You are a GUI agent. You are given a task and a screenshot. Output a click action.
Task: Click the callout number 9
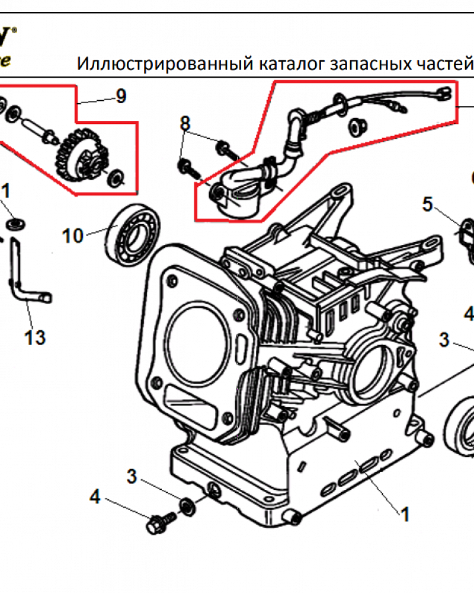(121, 96)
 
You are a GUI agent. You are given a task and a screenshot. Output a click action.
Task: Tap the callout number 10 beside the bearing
(73, 235)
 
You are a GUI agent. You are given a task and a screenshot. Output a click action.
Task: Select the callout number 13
(35, 338)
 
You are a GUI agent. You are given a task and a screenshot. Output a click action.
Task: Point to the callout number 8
(185, 124)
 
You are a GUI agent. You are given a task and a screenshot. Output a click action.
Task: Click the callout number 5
(428, 205)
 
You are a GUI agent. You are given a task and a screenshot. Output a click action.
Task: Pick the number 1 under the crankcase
(405, 514)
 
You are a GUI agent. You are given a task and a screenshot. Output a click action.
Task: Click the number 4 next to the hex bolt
(95, 497)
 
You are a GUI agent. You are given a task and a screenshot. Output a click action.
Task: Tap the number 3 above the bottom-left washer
(132, 476)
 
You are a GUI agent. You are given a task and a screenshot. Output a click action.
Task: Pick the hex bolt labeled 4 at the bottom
(159, 522)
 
